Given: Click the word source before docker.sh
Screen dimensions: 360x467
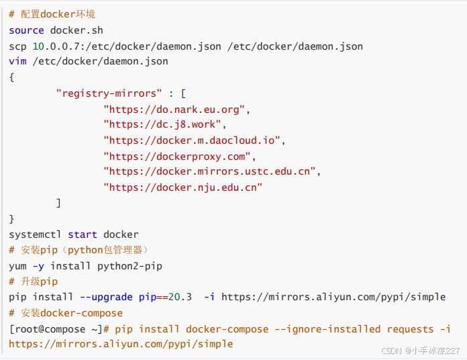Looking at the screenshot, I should click(x=26, y=30).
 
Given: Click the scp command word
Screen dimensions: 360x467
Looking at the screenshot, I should click(x=17, y=46).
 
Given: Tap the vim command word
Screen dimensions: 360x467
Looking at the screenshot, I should click(x=17, y=62).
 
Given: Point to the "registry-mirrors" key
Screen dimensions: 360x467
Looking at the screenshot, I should click(x=109, y=93).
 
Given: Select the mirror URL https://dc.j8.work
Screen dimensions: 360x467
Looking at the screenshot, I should click(x=165, y=124).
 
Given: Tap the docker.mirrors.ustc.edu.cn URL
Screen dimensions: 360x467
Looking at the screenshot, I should click(x=209, y=171).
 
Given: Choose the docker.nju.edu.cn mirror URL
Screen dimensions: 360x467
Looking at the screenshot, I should click(x=183, y=187).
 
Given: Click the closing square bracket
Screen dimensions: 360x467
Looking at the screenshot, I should click(x=59, y=203).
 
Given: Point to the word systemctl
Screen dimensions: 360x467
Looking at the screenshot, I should click(x=35, y=234).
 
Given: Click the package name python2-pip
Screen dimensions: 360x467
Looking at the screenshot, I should click(x=129, y=266).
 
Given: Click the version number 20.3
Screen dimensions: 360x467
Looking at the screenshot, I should click(x=180, y=297).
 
